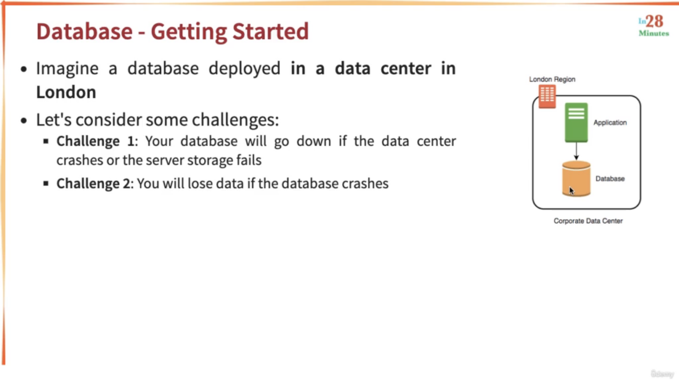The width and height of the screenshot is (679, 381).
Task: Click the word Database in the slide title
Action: pos(85,31)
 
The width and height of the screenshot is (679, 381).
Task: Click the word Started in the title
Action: pos(270,31)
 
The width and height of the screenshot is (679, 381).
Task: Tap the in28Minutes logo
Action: pos(654,26)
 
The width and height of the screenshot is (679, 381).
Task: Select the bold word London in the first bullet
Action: pos(66,92)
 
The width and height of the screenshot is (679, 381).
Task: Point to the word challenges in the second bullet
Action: pos(235,120)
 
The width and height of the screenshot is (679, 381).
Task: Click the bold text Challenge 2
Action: pos(93,184)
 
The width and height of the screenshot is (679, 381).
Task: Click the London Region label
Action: pos(552,79)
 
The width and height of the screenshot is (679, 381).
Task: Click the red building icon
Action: pos(547,96)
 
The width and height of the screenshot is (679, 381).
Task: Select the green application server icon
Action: pos(576,123)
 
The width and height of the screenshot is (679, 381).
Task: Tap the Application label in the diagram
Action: pos(610,123)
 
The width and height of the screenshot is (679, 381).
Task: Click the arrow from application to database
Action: pos(576,151)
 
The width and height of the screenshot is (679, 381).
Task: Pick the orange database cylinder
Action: pos(576,179)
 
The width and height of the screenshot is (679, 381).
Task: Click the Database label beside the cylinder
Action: pos(610,179)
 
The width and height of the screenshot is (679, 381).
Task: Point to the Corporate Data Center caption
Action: pos(588,221)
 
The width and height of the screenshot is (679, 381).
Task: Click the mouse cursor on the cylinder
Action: pos(572,190)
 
